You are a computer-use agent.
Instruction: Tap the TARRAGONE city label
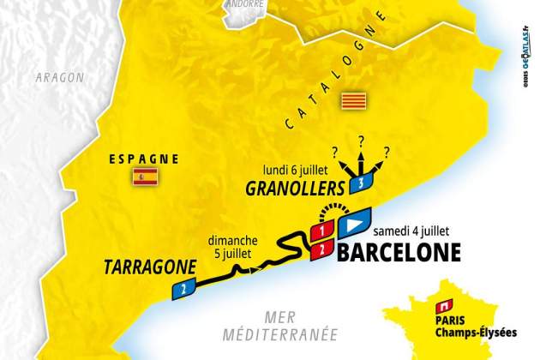coord(148,265)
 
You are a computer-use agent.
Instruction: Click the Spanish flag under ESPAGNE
coord(143,177)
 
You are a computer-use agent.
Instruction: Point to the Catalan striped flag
coord(350,101)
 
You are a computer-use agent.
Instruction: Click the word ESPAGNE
coord(143,158)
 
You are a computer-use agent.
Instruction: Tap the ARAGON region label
coord(59,77)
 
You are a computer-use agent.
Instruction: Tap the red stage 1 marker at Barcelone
coord(321,232)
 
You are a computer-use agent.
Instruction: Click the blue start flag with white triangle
coord(353,225)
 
